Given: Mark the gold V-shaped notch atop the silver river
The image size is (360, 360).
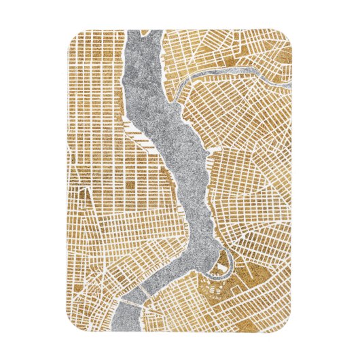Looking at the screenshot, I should [x=145, y=34].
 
